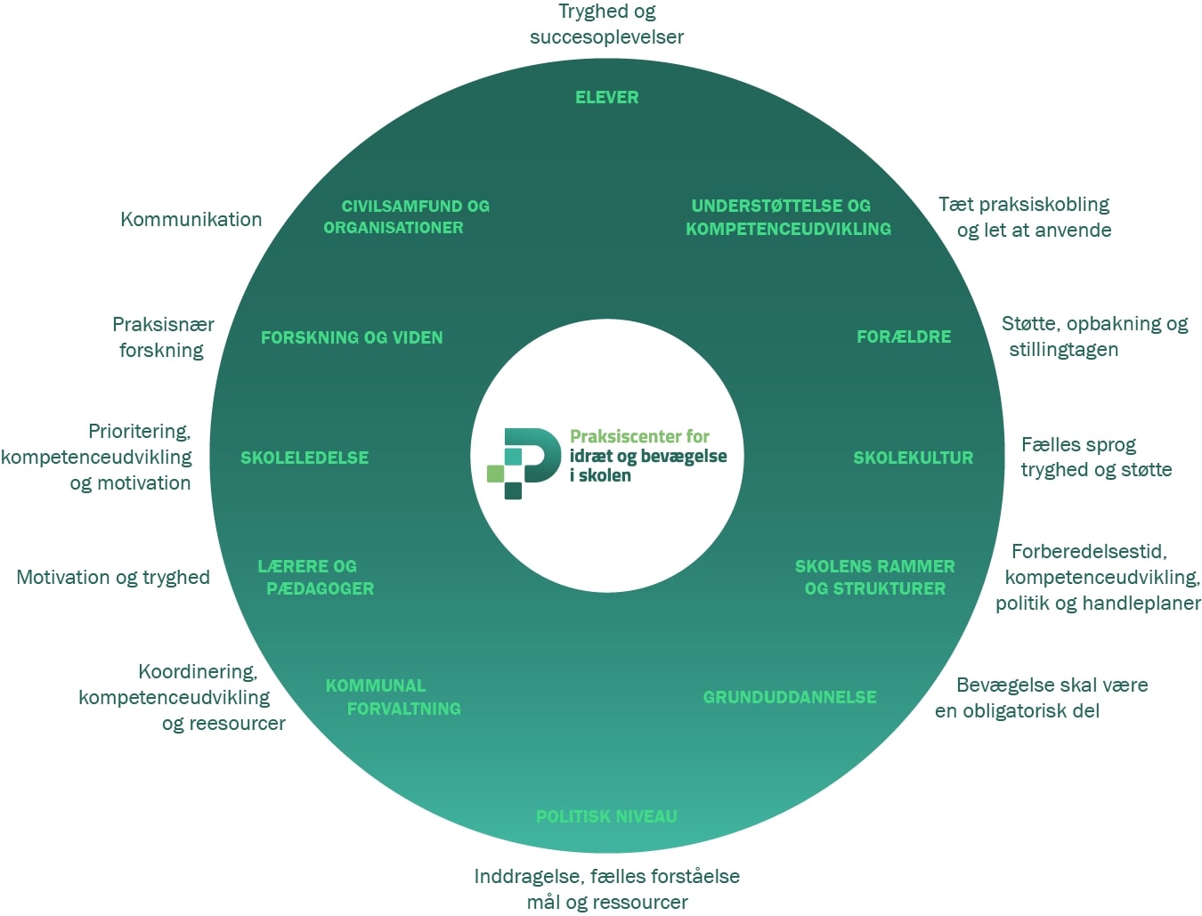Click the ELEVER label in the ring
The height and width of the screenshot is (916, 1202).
[606, 98]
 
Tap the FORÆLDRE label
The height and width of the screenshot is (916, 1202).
[903, 337]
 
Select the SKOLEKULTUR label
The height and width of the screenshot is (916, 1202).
[913, 458]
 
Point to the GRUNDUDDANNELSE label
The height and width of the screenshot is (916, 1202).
[790, 698]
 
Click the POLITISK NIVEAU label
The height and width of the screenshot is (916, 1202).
[606, 817]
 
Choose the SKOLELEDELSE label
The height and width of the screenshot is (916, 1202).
[305, 458]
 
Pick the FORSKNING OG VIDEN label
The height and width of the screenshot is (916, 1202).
[352, 338]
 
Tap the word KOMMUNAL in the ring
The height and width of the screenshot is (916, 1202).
[376, 686]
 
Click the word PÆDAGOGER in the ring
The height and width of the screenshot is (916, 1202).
[320, 589]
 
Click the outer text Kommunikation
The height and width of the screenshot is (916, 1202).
[191, 220]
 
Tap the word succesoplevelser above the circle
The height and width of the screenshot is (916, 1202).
[606, 37]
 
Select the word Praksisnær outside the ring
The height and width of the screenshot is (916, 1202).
[163, 325]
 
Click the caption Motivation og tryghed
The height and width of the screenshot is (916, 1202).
[113, 578]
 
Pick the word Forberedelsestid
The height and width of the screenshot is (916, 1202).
[1088, 552]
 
